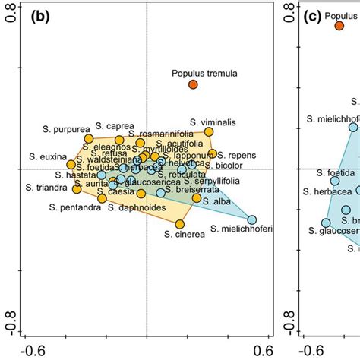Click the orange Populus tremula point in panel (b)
(x=194, y=84)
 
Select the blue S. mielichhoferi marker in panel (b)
(x=251, y=219)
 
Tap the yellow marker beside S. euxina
(x=71, y=164)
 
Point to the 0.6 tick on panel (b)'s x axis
(x=264, y=350)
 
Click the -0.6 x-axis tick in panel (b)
(x=28, y=350)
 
